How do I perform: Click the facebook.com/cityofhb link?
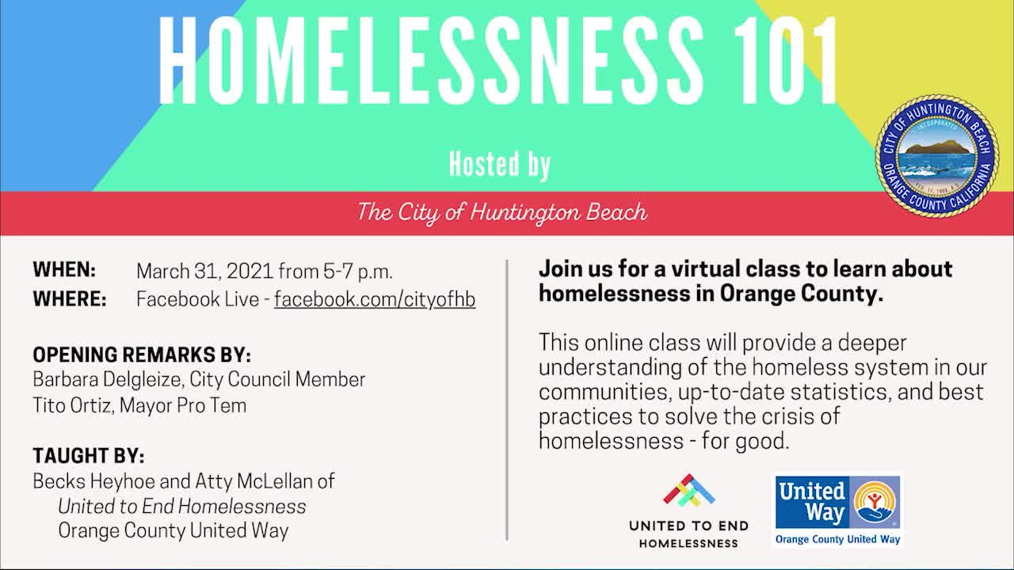375,299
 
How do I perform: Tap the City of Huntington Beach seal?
936,156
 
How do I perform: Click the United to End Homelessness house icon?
689,490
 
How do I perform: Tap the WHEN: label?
64,270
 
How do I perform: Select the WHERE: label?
70,299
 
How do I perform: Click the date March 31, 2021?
204,272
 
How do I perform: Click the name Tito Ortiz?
72,405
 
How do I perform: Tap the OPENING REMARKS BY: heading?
142,355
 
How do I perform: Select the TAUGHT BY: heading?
89,456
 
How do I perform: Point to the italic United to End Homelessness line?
182,507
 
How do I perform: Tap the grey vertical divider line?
507,400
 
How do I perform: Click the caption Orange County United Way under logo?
837,539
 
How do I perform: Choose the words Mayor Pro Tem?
183,405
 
